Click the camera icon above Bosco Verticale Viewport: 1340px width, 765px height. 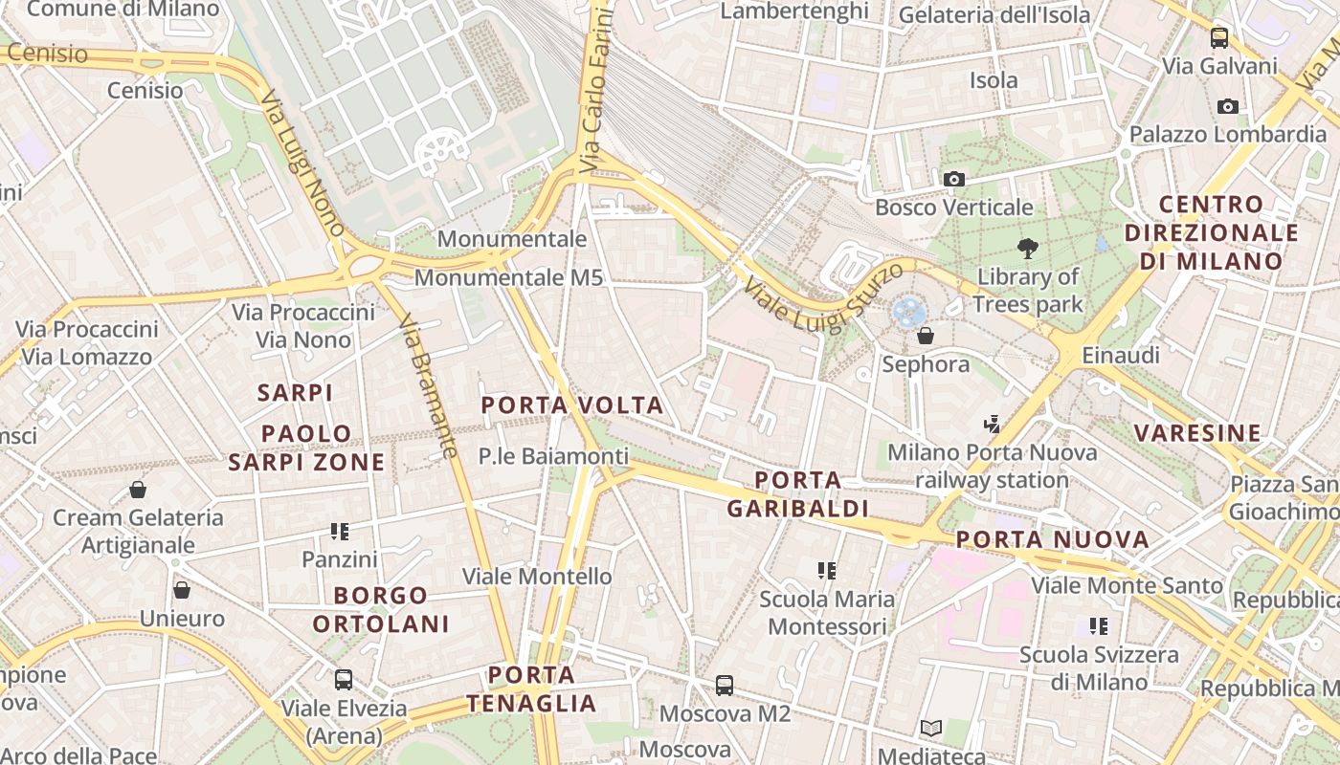[953, 179]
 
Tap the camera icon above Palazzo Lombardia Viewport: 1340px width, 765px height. [1228, 106]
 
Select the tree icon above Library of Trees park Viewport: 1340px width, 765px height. [1028, 250]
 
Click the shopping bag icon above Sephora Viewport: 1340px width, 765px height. [926, 336]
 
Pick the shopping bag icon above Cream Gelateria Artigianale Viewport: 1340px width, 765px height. [138, 490]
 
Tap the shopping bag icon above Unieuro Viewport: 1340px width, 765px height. [182, 590]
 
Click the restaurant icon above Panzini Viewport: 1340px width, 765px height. [340, 531]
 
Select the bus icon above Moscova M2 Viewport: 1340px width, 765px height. [725, 686]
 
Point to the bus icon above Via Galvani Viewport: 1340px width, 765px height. [1219, 38]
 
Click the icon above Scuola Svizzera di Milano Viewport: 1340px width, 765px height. [1099, 626]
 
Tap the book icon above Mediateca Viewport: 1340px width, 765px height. [931, 729]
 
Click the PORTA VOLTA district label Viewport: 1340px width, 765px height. [572, 404]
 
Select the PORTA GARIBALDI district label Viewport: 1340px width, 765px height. [797, 493]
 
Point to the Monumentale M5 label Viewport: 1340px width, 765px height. [508, 277]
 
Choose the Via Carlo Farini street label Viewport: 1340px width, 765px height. [595, 91]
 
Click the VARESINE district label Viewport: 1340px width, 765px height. [1197, 433]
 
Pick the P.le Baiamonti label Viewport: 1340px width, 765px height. [553, 456]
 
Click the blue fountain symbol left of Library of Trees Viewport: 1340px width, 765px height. [908, 311]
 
